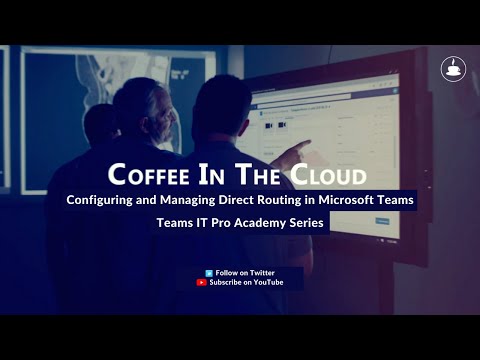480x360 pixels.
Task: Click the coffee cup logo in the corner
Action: pyautogui.click(x=453, y=69)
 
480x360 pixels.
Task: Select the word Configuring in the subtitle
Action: pyautogui.click(x=102, y=199)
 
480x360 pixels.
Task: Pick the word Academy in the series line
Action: pyautogui.click(x=263, y=222)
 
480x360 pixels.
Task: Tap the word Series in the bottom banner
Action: pyautogui.click(x=308, y=222)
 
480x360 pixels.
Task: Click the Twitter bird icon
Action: pyautogui.click(x=208, y=272)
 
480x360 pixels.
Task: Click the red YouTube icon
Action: pyautogui.click(x=202, y=282)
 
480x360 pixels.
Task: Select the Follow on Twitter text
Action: pyautogui.click(x=245, y=272)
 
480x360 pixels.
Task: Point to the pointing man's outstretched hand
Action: pyautogui.click(x=296, y=155)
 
